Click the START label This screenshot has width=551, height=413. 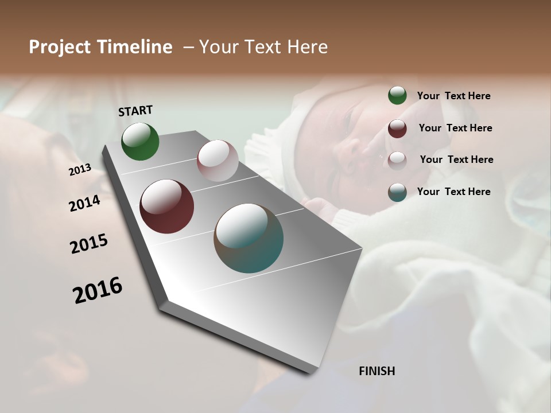[x=135, y=111]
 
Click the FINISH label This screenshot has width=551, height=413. [x=377, y=371]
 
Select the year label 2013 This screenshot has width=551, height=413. [x=80, y=170]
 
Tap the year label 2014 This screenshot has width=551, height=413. [x=84, y=203]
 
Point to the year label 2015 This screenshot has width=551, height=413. [x=89, y=244]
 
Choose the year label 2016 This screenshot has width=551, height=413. [x=98, y=290]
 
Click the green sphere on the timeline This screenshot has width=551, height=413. [x=140, y=142]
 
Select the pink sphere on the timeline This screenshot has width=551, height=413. [x=218, y=161]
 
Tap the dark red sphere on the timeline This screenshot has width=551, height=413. [x=166, y=206]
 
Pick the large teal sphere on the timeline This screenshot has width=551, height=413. [x=249, y=238]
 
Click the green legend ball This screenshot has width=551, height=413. [x=397, y=96]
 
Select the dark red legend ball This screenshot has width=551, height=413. [x=397, y=128]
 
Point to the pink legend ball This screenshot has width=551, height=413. [x=397, y=160]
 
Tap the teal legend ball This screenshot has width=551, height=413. [x=397, y=192]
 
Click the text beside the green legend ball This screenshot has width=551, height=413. [x=453, y=96]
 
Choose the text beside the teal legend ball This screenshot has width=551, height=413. [x=453, y=192]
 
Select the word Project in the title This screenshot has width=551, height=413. [x=60, y=47]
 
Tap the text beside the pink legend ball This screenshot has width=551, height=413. [x=456, y=159]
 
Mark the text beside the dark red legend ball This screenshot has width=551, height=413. [x=455, y=128]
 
